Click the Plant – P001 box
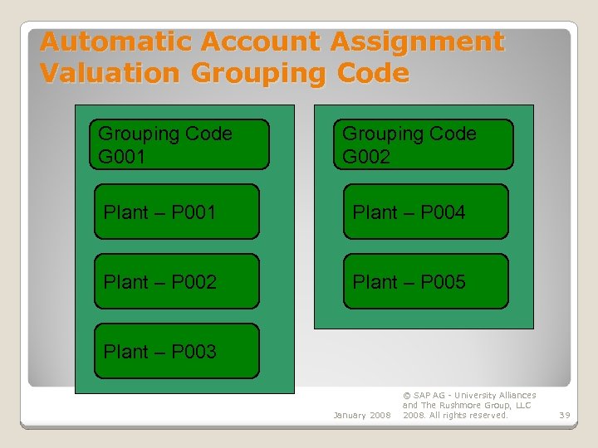(176, 212)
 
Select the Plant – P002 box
(176, 281)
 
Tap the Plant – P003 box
(176, 351)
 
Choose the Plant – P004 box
(425, 212)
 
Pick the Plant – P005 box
(425, 281)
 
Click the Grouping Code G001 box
(179, 144)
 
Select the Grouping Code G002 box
(424, 144)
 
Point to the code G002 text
(365, 156)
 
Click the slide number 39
(564, 415)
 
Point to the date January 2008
(361, 415)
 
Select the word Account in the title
(259, 41)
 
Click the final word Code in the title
(373, 73)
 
